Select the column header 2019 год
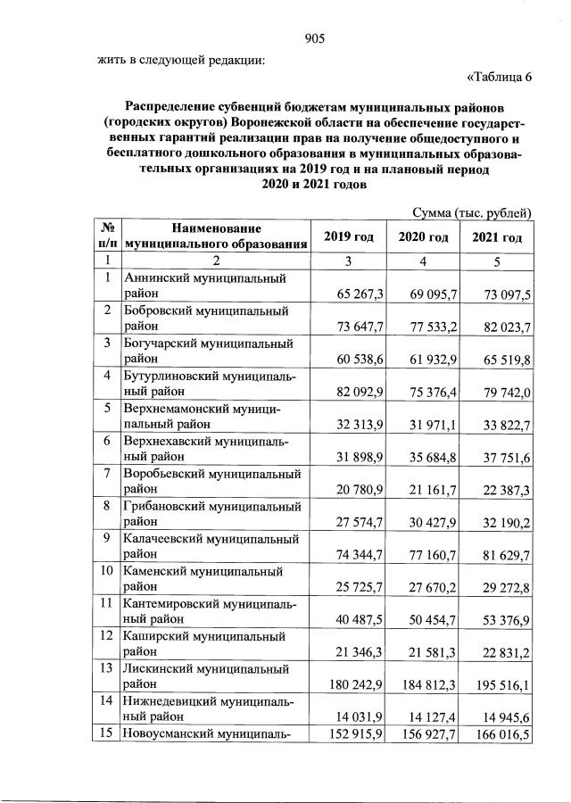coord(349,236)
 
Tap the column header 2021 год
coord(497,236)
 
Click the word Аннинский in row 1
coord(155,277)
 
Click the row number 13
coord(106,668)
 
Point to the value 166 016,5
coord(504,733)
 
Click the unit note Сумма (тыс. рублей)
coord(472,212)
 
